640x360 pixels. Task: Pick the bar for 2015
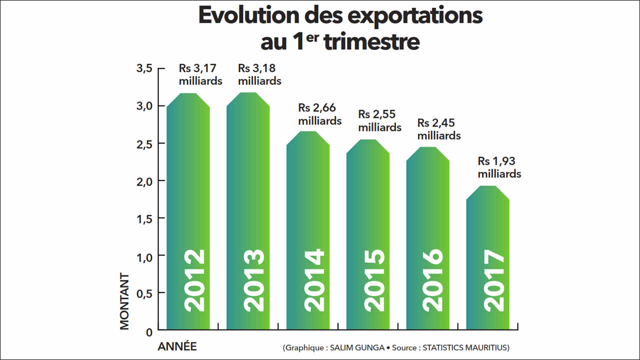tap(368, 235)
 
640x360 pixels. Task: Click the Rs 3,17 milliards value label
tap(200, 74)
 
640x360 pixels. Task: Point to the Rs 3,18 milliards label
tap(259, 74)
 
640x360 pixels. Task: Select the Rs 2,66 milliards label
tap(319, 114)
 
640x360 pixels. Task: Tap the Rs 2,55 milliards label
tap(379, 120)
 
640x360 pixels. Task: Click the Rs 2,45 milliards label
tap(439, 129)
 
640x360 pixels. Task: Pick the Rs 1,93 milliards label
tap(499, 167)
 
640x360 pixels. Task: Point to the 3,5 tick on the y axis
tap(144, 68)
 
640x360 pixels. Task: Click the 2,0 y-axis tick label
tap(144, 180)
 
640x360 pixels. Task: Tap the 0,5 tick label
tap(144, 292)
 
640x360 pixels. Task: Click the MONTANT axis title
tap(124, 301)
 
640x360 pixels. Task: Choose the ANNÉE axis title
tap(177, 346)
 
